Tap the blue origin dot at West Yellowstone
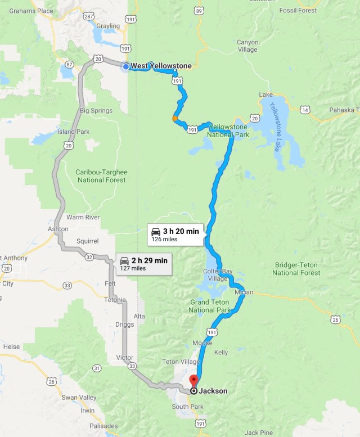click(x=125, y=66)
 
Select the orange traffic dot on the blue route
click(x=175, y=118)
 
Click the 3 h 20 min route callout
click(x=175, y=234)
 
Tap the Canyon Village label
click(x=247, y=46)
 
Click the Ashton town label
click(x=58, y=229)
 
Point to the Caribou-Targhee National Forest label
click(x=101, y=175)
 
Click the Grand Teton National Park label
click(x=209, y=307)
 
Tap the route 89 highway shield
click(x=197, y=10)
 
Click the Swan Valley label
click(x=77, y=398)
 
